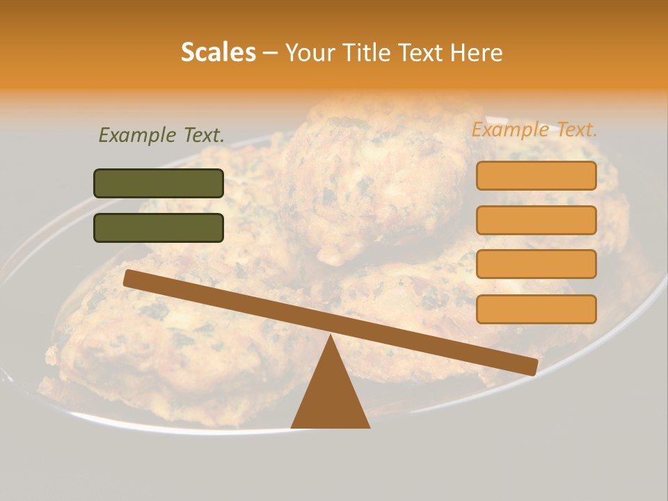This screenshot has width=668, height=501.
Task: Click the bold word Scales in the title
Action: coord(218,53)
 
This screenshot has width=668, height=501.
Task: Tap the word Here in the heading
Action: coord(477,53)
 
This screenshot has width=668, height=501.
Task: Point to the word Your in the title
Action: coord(310,53)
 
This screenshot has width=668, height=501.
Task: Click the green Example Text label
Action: coord(161,135)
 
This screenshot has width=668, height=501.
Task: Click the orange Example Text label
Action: coord(534,129)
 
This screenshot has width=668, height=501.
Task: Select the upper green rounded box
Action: coord(159,183)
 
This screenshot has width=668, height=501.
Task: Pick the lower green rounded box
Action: coord(159,228)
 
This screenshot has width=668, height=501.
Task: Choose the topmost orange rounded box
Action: coord(536,175)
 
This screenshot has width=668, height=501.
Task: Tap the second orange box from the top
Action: coord(536,220)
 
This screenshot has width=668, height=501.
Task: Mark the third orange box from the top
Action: coord(536,264)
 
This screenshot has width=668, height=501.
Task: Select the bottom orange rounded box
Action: coord(536,309)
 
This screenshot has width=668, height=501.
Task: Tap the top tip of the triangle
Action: coord(331,337)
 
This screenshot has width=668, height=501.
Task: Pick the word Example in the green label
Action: coord(137,135)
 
